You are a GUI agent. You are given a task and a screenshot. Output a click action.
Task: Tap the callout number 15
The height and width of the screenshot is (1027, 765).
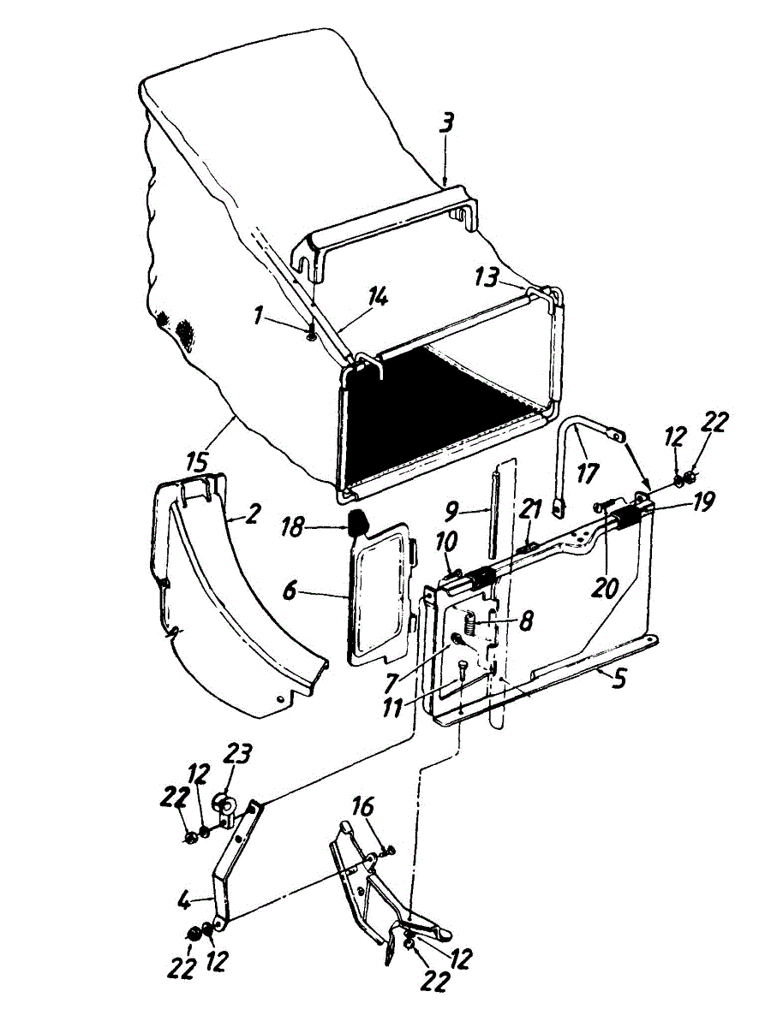coord(199,463)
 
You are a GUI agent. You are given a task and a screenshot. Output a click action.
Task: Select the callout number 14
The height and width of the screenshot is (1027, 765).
coord(377,298)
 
